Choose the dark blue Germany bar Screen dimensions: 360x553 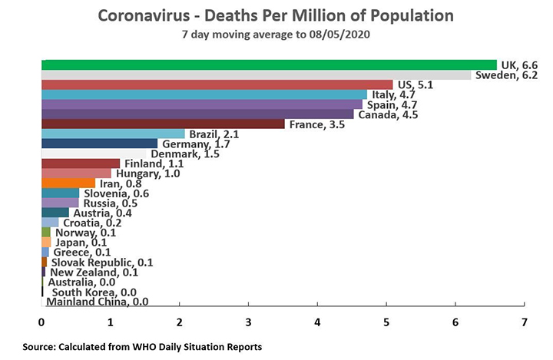pos(99,144)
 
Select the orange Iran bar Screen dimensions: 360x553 pos(68,183)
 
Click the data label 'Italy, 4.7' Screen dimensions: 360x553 pos(391,94)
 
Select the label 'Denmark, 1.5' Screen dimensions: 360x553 pos(176,154)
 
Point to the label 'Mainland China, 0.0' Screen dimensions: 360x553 pos(98,302)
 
